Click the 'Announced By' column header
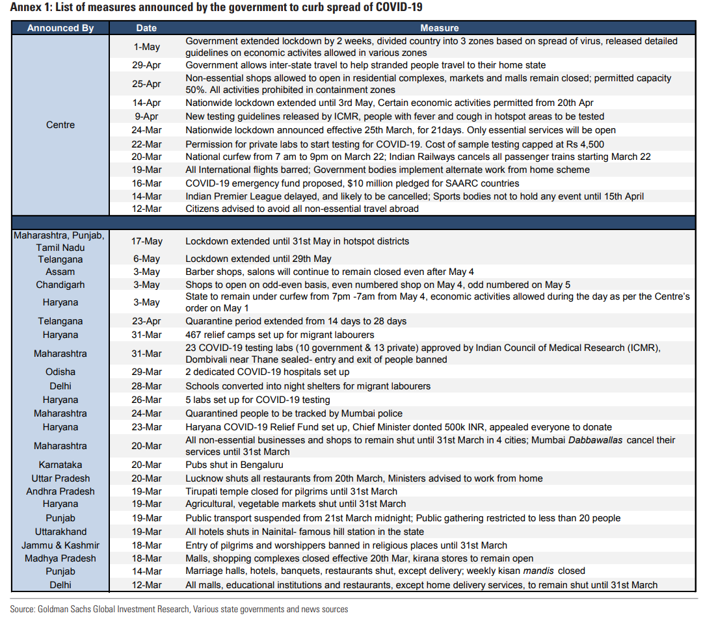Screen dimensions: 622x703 60,28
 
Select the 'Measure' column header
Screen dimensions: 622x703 439,28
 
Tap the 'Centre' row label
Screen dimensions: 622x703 60,125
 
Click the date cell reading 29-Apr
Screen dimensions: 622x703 146,65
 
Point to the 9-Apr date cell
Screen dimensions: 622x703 146,116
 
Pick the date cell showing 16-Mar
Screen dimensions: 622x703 146,183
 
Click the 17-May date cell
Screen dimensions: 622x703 146,241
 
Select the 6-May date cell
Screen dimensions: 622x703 146,259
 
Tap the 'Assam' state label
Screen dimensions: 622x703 60,272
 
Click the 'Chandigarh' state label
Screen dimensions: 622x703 60,285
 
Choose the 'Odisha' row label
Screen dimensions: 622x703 60,372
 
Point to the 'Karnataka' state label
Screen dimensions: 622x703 60,465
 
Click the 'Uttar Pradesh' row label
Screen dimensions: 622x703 60,478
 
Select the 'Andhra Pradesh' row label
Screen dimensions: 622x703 60,491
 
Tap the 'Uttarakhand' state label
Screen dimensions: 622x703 60,532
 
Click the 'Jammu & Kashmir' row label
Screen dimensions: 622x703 60,545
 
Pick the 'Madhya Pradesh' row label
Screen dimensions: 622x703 60,558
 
